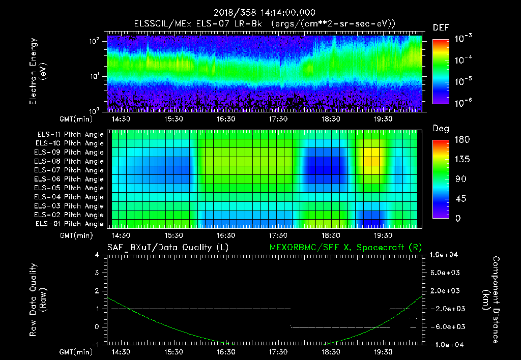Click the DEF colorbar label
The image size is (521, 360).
(441, 27)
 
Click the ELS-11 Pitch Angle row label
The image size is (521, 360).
(70, 135)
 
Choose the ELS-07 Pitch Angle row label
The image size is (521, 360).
(70, 170)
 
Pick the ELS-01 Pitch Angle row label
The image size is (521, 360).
(70, 224)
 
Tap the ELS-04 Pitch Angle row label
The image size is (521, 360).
(70, 197)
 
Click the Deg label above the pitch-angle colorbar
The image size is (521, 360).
(441, 129)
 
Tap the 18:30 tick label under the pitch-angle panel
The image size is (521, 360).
(331, 235)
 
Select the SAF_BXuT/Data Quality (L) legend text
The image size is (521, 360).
(167, 248)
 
